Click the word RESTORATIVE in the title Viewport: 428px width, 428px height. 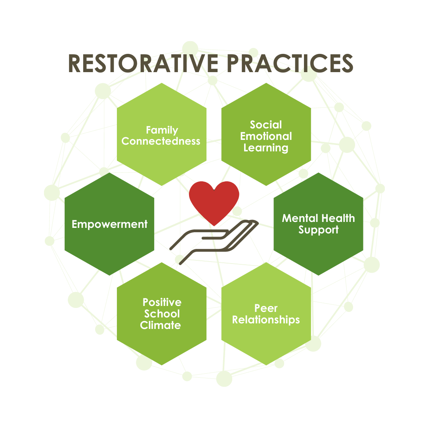pyautogui.click(x=141, y=63)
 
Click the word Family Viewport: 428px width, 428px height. pyautogui.click(x=162, y=130)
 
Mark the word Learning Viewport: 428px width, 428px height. pyautogui.click(x=266, y=148)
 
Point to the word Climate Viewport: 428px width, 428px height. pyautogui.click(x=160, y=325)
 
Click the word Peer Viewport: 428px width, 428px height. pyautogui.click(x=266, y=308)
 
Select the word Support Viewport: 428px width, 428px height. pyautogui.click(x=319, y=230)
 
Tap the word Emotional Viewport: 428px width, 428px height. pyautogui.click(x=266, y=136)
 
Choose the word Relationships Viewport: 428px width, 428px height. pyautogui.click(x=266, y=319)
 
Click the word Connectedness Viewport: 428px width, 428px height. pyautogui.click(x=161, y=141)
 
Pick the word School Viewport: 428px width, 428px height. pyautogui.click(x=162, y=314)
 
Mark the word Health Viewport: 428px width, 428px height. pyautogui.click(x=338, y=218)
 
